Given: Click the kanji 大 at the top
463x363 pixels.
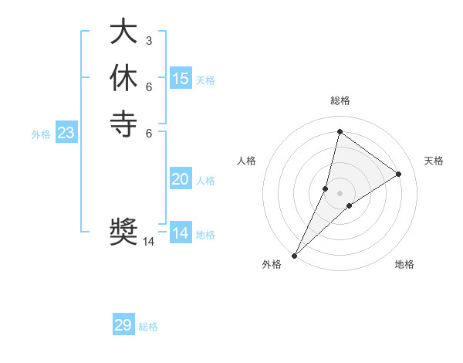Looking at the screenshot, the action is tap(123, 32).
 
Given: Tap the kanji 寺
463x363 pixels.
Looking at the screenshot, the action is tap(123, 124).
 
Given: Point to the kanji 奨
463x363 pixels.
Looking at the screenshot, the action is tap(123, 232).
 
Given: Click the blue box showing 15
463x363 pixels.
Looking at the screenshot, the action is tap(181, 78).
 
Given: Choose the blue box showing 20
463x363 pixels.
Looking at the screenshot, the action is tap(181, 179).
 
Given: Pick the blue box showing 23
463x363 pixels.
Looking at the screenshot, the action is tap(66, 133).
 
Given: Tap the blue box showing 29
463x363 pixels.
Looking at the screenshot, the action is tap(123, 325).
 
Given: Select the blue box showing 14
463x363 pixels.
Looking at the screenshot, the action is tap(181, 233).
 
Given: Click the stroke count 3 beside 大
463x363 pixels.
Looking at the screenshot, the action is tap(148, 40).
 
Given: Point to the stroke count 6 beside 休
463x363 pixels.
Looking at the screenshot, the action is tap(148, 86).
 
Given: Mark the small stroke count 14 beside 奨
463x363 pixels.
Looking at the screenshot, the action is tap(149, 242).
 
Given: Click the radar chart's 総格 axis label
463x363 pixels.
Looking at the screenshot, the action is tap(340, 100).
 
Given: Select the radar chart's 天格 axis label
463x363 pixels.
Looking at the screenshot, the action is tap(434, 161).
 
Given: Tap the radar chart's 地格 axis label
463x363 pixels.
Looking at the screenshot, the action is tap(404, 264).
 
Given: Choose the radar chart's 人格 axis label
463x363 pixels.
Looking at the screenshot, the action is tap(247, 161).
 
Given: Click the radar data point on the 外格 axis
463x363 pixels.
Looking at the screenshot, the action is tap(294, 255).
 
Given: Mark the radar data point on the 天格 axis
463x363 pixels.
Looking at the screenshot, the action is tap(399, 174).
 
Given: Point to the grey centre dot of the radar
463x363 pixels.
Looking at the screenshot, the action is tap(340, 193).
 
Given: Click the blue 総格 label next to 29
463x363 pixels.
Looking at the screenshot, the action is tap(148, 327).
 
